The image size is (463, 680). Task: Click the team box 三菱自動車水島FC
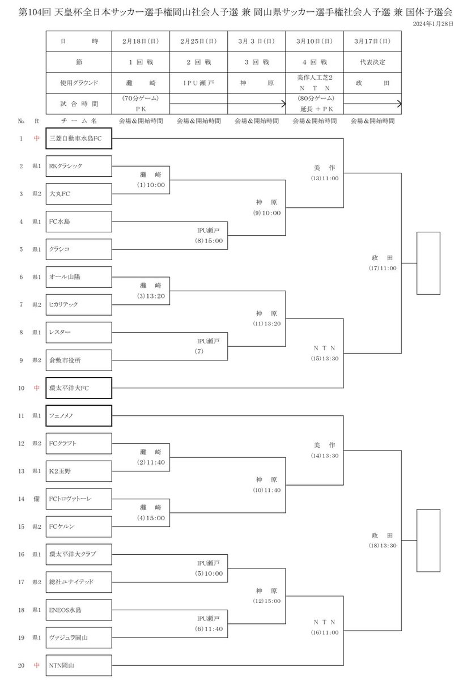pyautogui.click(x=79, y=138)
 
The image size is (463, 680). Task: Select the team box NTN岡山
pyautogui.click(x=79, y=665)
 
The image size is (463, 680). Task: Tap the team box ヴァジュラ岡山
pyautogui.click(x=79, y=637)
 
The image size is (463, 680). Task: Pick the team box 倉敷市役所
pyautogui.click(x=79, y=360)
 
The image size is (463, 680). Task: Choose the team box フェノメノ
pyautogui.click(x=79, y=415)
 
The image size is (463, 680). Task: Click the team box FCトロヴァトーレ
pyautogui.click(x=79, y=499)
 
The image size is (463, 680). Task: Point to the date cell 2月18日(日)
pyautogui.click(x=141, y=41)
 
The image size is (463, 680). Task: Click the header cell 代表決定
pyautogui.click(x=372, y=62)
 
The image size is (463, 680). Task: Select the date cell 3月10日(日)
pyautogui.click(x=315, y=41)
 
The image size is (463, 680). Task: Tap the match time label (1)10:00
pyautogui.click(x=151, y=185)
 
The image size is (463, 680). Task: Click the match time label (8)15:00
pyautogui.click(x=209, y=241)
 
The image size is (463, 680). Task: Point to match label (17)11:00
pyautogui.click(x=383, y=268)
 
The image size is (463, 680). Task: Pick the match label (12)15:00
pyautogui.click(x=267, y=601)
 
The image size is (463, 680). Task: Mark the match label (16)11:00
pyautogui.click(x=325, y=632)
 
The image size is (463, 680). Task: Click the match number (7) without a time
pyautogui.click(x=199, y=351)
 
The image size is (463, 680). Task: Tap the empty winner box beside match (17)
pyautogui.click(x=428, y=263)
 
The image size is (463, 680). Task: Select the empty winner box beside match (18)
pyautogui.click(x=428, y=541)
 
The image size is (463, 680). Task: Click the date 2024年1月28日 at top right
pyautogui.click(x=433, y=24)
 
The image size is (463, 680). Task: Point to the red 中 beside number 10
pyautogui.click(x=36, y=388)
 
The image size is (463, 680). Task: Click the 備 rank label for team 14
pyautogui.click(x=36, y=499)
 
